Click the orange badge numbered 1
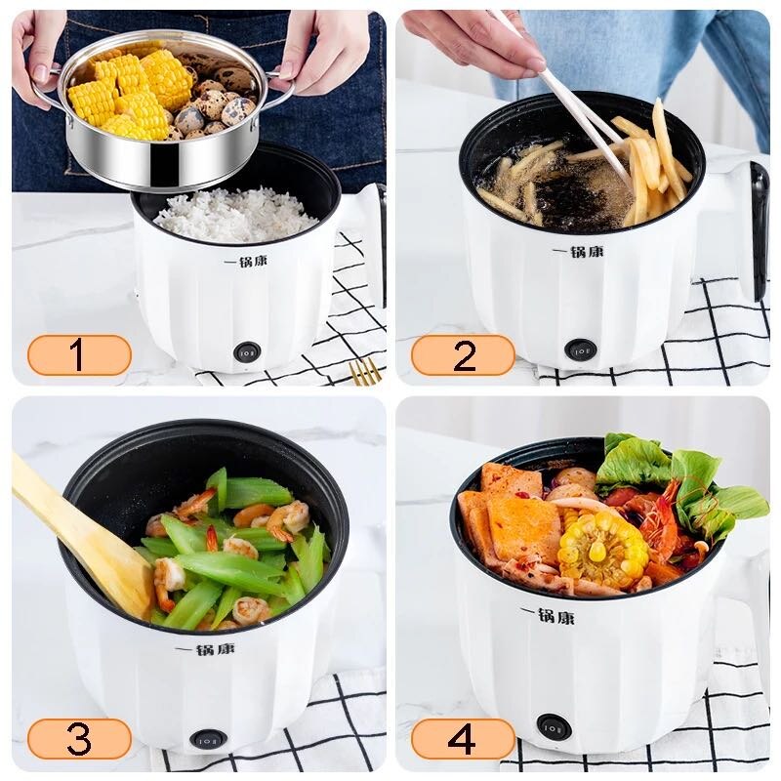click(79, 355)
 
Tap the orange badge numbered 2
click(463, 355)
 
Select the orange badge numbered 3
click(79, 739)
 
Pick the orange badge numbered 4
click(463, 739)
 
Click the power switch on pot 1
click(248, 350)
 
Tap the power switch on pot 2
click(581, 349)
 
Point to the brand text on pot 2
click(577, 252)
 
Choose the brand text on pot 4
click(548, 616)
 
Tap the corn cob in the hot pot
click(602, 549)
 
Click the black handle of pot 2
click(758, 229)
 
